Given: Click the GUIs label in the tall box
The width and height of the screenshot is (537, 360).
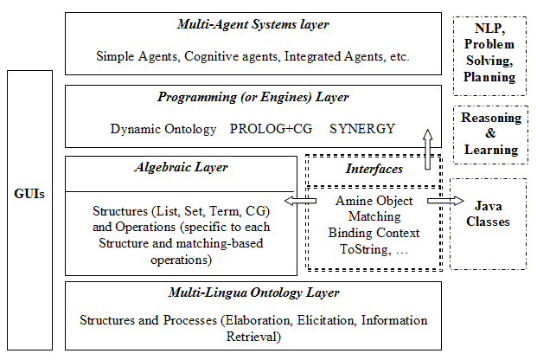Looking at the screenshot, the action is pos(29,194).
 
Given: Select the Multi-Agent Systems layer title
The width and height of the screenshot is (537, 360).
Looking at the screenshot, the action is pos(253,25).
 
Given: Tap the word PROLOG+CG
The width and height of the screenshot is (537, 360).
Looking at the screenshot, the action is pos(271,129).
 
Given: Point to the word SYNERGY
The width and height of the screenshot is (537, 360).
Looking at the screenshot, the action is pos(362,129).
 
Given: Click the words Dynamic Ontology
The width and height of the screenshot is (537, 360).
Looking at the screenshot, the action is pos(163,129).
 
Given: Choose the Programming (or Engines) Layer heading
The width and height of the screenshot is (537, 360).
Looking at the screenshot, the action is pos(253,98).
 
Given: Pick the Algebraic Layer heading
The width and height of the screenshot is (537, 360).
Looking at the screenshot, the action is pos(182,167).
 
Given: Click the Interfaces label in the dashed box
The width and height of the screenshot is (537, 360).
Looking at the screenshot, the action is pos(374,169).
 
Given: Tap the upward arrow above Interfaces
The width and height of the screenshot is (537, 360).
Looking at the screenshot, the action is pos(427,149).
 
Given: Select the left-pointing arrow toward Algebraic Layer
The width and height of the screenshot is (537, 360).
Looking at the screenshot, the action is pos(300,201).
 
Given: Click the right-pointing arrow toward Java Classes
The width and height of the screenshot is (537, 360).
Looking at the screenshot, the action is pos(445,201).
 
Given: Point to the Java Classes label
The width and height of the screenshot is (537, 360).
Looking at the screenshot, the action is pos(488,214).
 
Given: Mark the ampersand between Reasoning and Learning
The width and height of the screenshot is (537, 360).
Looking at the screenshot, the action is pos(490,133).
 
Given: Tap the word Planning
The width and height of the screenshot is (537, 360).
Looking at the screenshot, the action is pos(489,77).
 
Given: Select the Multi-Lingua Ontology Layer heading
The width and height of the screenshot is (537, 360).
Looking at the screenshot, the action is pos(253,292).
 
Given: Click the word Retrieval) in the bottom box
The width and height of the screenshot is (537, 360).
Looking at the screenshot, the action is pos(253,337).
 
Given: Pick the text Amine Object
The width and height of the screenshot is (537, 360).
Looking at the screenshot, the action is pos(374,201).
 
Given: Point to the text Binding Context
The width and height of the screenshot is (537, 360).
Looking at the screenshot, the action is pos(374,233).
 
